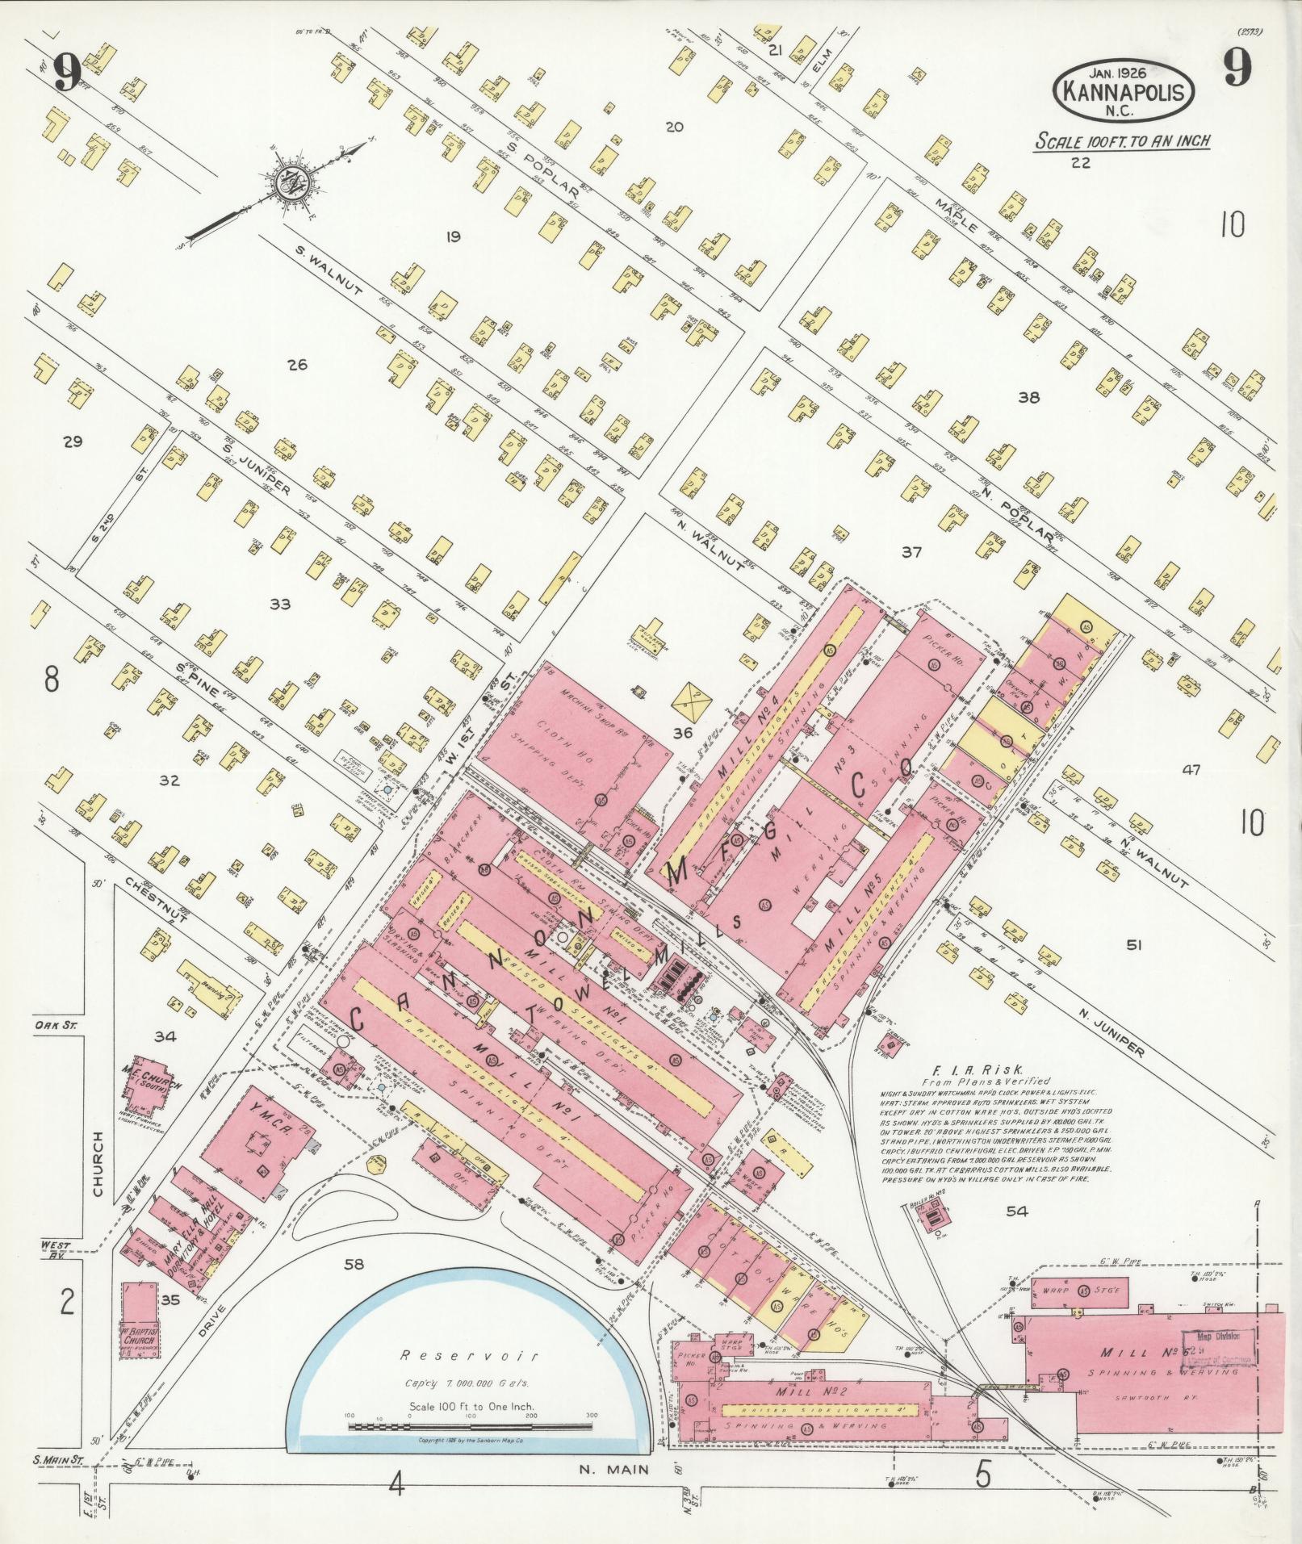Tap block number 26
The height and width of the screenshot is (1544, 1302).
297,365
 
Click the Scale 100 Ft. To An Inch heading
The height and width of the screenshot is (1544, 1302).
1123,140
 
